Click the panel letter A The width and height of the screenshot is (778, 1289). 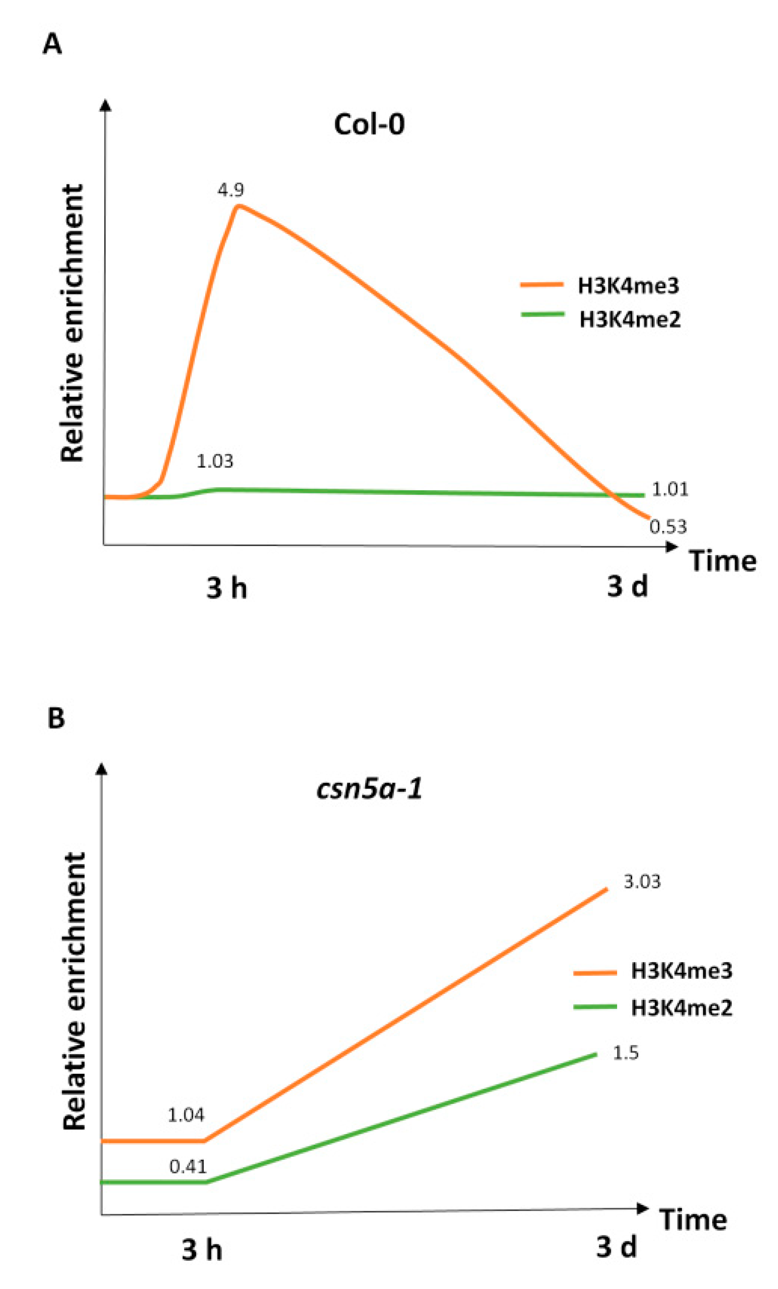tap(52, 44)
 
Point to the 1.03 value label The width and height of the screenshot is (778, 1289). tap(214, 461)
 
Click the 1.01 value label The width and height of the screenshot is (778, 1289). tap(670, 490)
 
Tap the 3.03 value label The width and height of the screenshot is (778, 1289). tap(642, 881)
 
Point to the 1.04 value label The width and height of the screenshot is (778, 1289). tap(186, 1115)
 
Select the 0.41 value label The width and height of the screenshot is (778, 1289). tap(188, 1167)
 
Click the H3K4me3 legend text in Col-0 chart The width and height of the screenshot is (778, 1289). tap(629, 286)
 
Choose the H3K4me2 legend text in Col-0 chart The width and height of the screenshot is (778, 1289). tap(630, 319)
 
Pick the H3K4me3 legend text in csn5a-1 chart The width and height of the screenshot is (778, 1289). tap(681, 971)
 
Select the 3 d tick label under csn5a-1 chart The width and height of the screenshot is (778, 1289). tap(616, 1247)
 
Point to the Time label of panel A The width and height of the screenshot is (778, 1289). tap(723, 561)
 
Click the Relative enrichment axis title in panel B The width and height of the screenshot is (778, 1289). tap(73, 992)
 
